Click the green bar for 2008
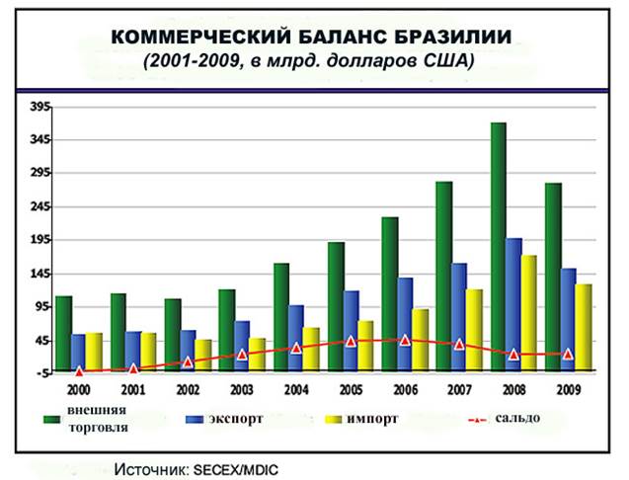(x=499, y=247)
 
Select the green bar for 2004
(x=281, y=316)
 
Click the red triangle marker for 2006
(x=405, y=340)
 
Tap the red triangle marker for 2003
(x=242, y=355)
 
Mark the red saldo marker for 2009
(x=568, y=354)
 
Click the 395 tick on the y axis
(x=39, y=106)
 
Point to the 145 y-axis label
(x=39, y=274)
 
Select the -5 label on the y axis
(x=41, y=373)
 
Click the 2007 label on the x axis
(x=458, y=389)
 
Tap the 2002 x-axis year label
(x=188, y=389)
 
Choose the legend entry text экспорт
(x=235, y=418)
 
